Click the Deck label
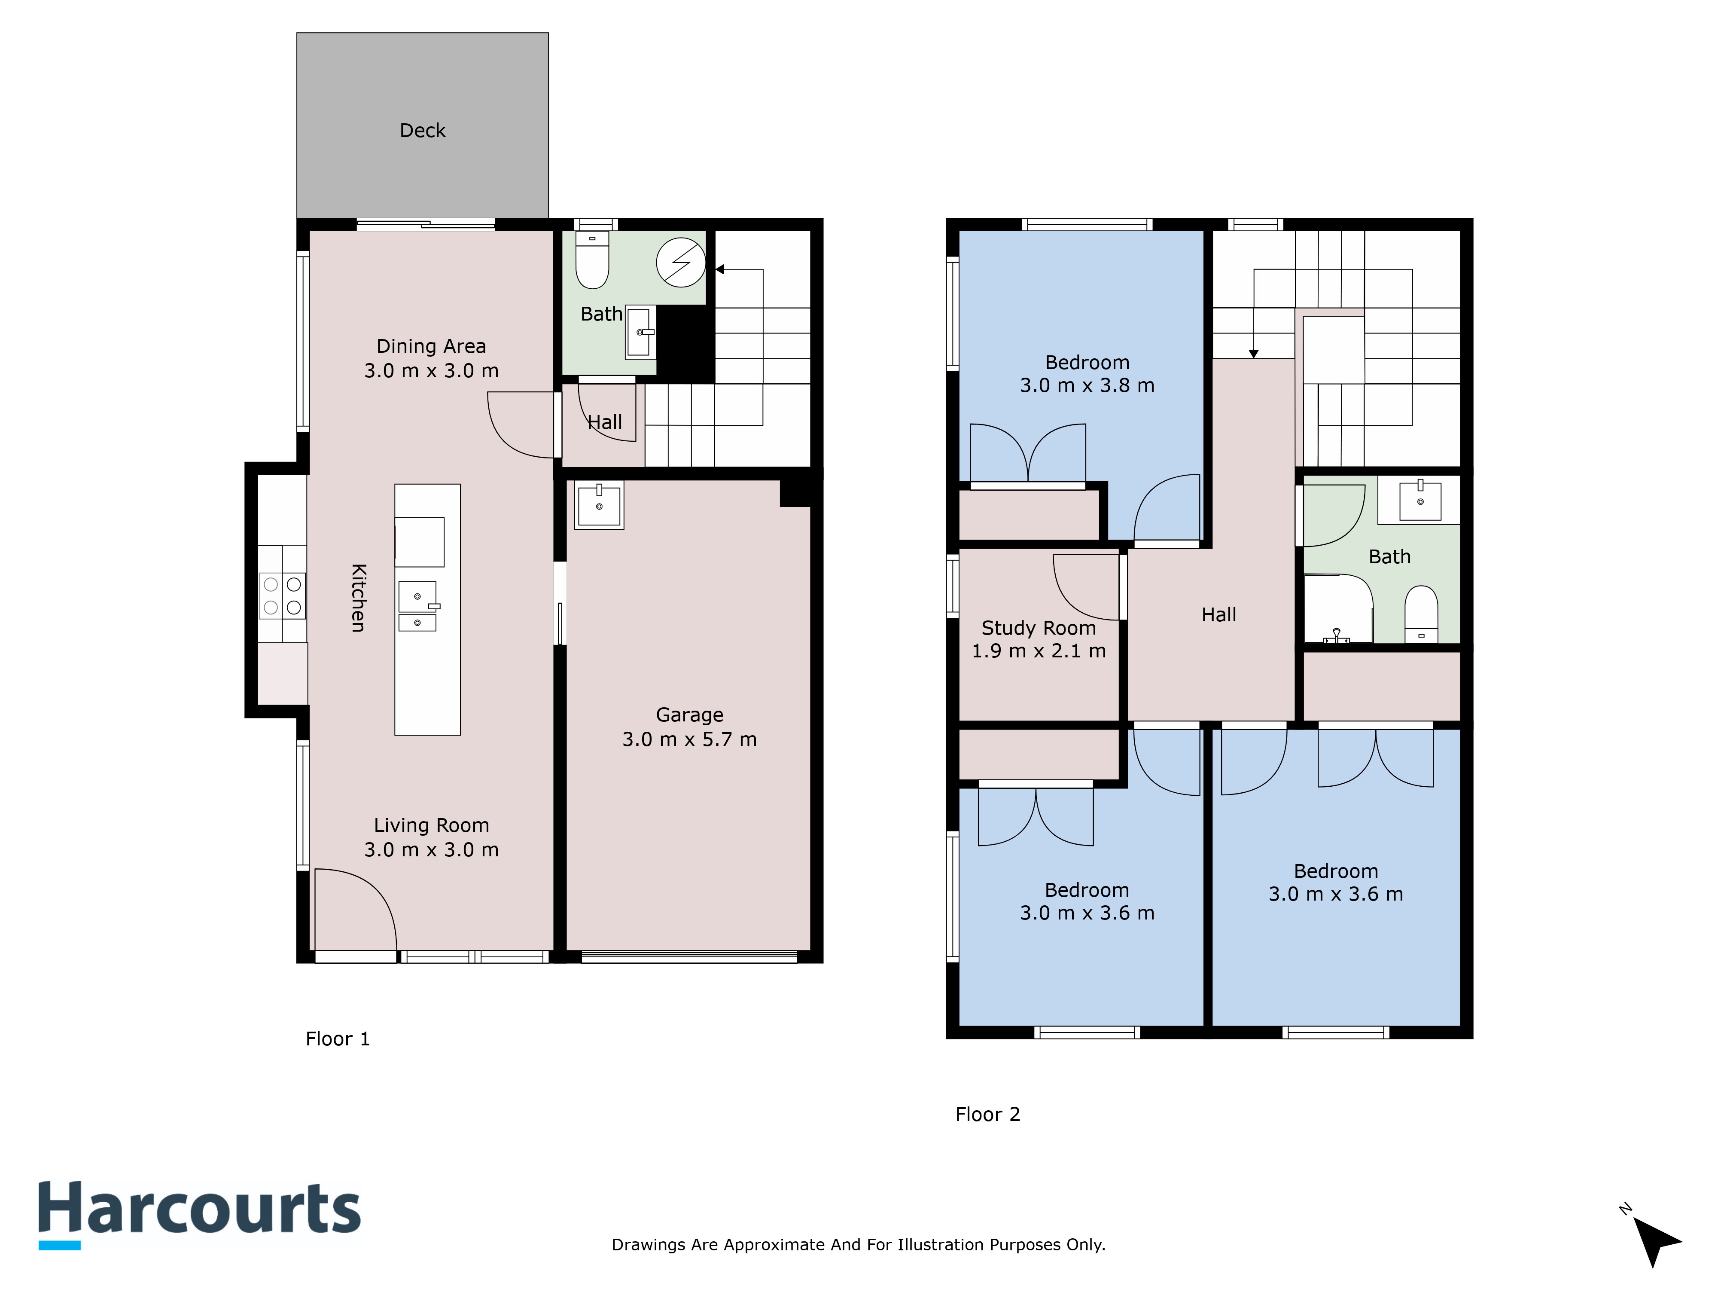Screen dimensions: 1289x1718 [x=423, y=131]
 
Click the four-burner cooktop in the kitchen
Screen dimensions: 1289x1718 [x=282, y=596]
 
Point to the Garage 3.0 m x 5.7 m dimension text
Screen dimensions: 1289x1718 [x=689, y=739]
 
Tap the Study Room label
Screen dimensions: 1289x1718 [x=1039, y=628]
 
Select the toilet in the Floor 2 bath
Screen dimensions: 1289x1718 [x=1421, y=614]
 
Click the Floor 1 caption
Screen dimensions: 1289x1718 [x=338, y=1039]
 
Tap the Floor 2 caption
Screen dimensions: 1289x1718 [x=987, y=1114]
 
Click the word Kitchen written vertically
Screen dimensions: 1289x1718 [x=358, y=598]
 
